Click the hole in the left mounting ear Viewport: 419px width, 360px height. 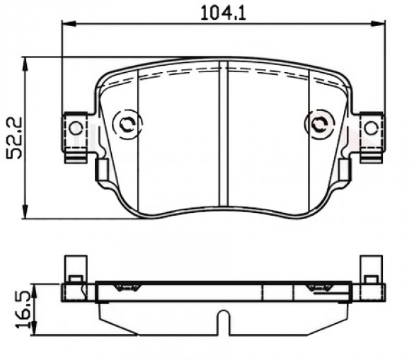click(74, 127)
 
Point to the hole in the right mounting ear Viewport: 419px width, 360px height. click(370, 127)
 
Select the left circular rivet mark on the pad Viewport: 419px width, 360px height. click(127, 124)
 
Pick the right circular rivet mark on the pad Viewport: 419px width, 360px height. click(318, 124)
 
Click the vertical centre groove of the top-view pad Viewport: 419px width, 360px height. click(223, 134)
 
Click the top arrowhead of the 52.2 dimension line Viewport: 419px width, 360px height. click(27, 61)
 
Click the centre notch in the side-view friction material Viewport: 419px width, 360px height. click(223, 322)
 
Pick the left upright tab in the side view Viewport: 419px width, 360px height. click(74, 269)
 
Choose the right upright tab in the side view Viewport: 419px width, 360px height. click(370, 269)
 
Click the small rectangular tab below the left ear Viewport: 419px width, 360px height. click(101, 170)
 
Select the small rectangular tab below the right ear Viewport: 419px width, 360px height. click(344, 170)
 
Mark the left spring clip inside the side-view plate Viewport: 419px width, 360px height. click(127, 287)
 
